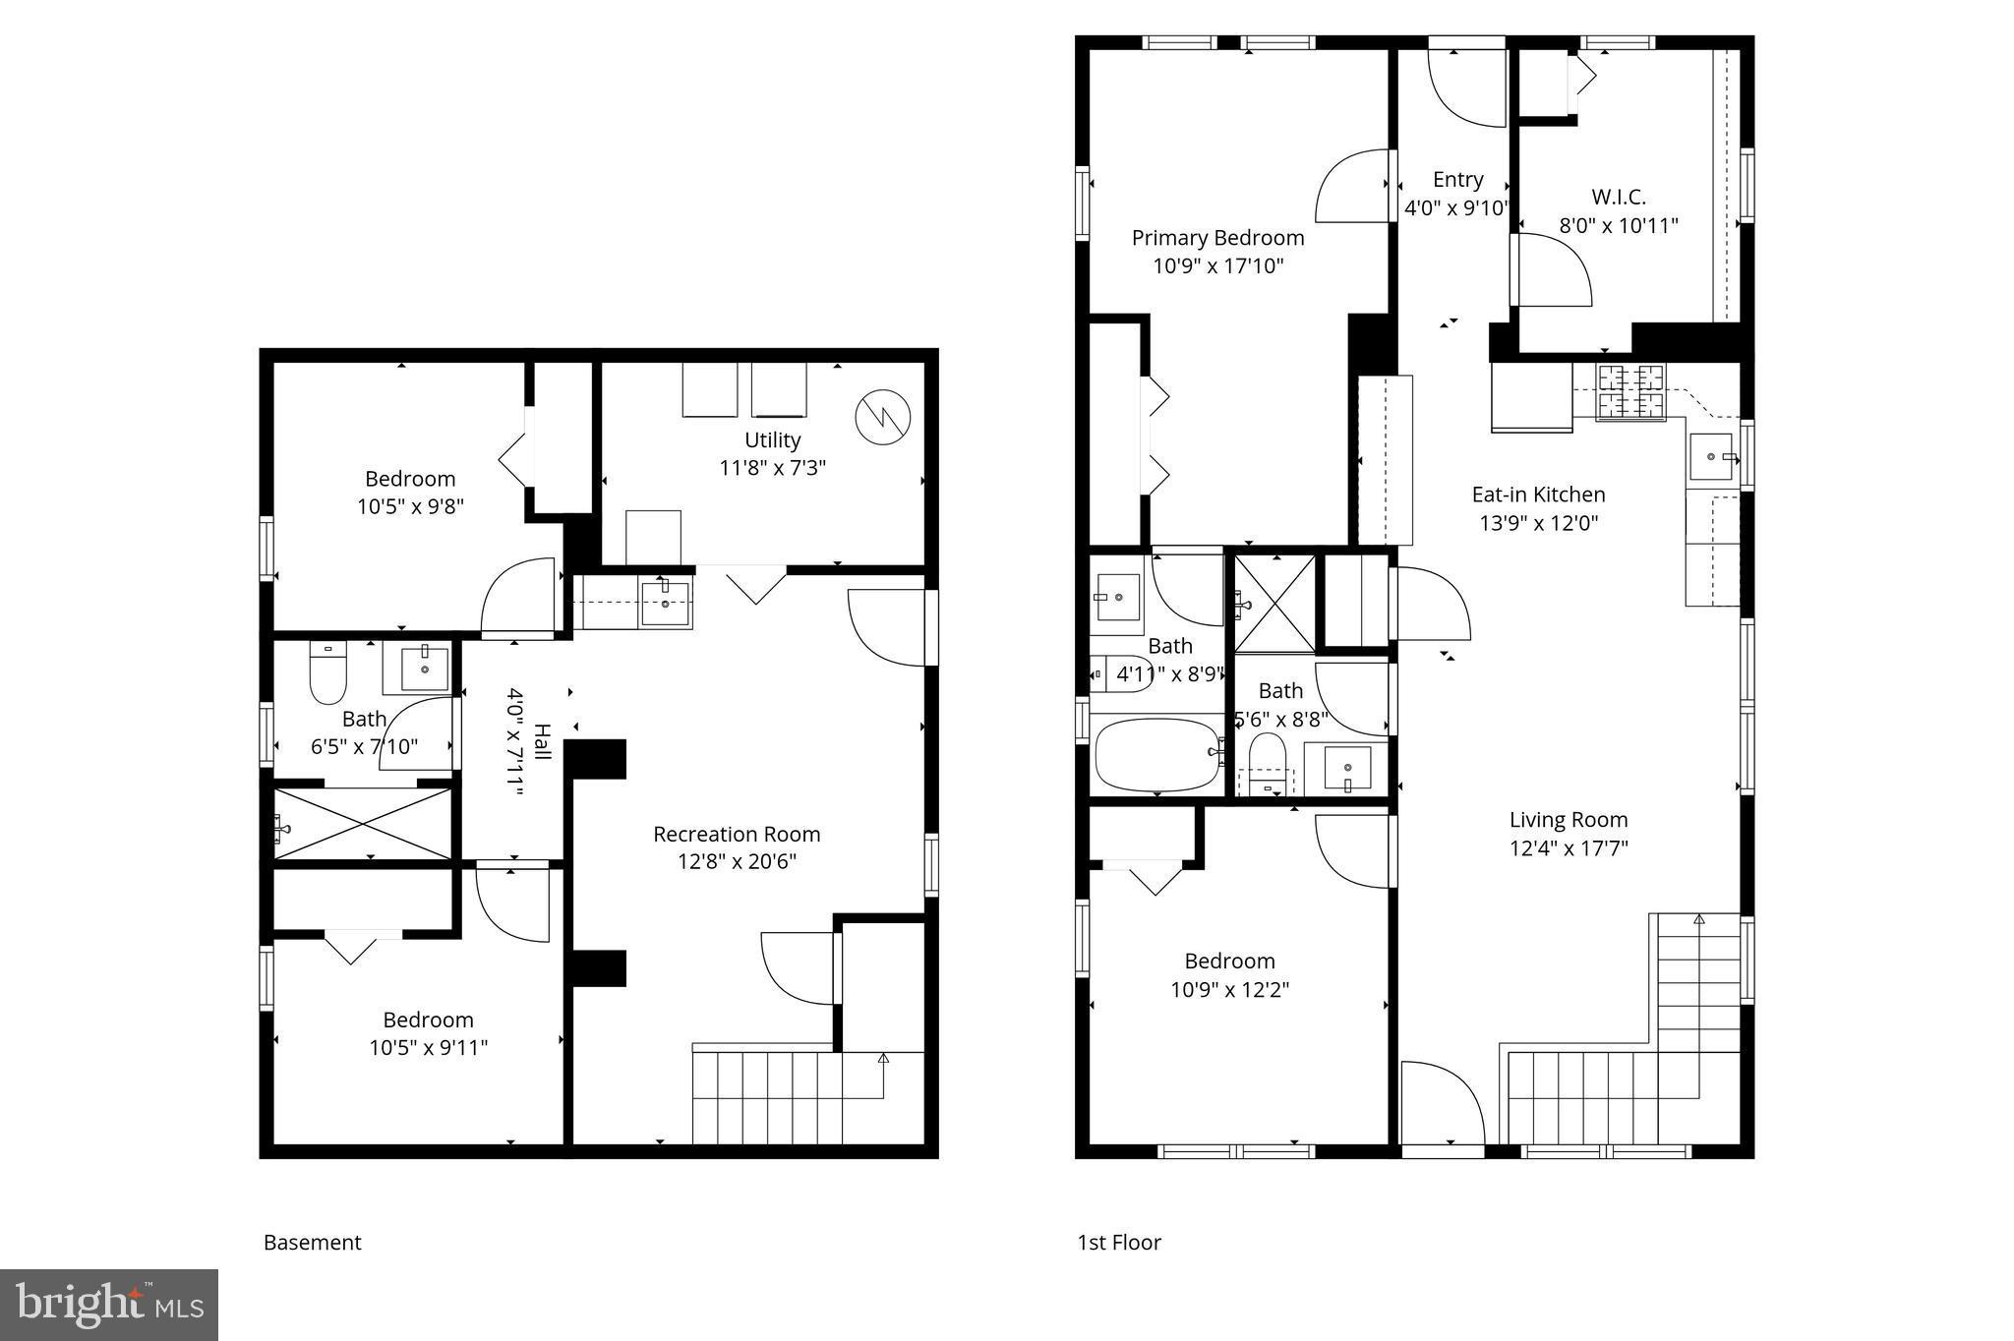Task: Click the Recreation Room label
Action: [737, 834]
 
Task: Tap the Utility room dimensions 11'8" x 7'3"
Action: [772, 468]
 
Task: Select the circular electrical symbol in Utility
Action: [882, 418]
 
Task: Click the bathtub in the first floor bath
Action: [1156, 755]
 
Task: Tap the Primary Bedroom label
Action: [1217, 238]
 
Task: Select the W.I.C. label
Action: [1618, 197]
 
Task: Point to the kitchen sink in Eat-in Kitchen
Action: [1712, 457]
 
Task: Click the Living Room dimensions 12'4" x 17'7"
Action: [1569, 847]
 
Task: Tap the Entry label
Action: [1457, 180]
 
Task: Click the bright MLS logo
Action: [109, 1305]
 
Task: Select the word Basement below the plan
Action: [313, 1243]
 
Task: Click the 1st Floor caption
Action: [1119, 1243]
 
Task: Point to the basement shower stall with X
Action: [364, 824]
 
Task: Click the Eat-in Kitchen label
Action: [1538, 495]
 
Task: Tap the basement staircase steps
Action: [767, 1096]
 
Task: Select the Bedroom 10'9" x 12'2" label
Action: [1229, 962]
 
